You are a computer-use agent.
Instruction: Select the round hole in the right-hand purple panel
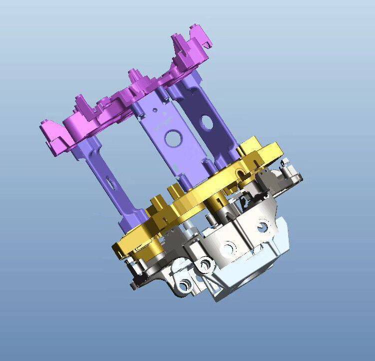pyautogui.click(x=205, y=121)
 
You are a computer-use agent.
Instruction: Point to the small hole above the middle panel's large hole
pyautogui.click(x=157, y=107)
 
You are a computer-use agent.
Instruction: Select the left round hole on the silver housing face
pyautogui.click(x=229, y=247)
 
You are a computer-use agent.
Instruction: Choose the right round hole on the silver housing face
pyautogui.click(x=263, y=228)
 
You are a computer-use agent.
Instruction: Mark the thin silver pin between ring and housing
pyautogui.click(x=185, y=230)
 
